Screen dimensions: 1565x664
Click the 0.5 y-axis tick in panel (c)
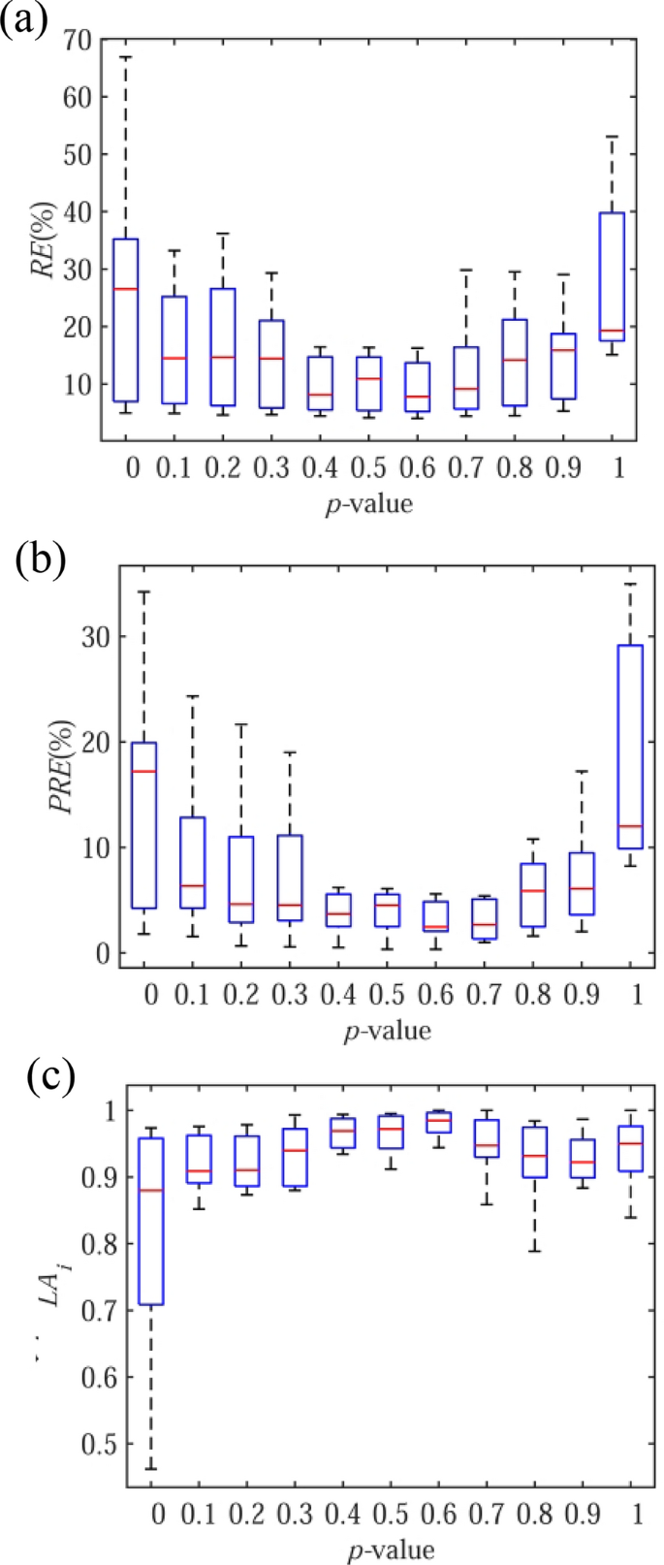pos(92,1443)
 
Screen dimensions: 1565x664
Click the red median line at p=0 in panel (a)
pos(126,289)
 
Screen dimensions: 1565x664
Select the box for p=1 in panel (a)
pos(611,276)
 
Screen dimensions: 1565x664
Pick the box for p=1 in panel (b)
pos(630,747)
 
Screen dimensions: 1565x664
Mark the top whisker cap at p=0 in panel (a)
pos(126,57)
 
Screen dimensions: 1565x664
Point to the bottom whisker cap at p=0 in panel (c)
pos(150,1469)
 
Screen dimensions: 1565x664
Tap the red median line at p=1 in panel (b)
pos(630,826)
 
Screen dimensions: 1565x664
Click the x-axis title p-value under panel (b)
pos(388,1030)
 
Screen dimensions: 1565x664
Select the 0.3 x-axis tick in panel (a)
pos(272,469)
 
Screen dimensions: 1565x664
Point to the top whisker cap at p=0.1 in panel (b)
pos(192,696)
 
